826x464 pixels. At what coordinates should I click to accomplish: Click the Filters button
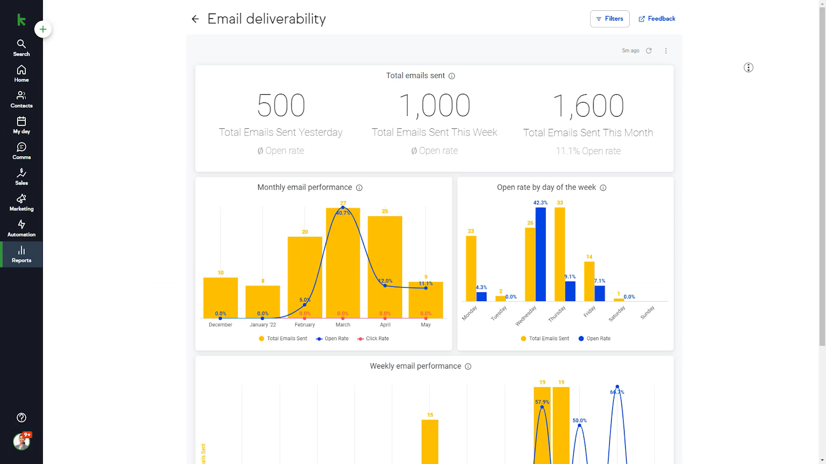610,19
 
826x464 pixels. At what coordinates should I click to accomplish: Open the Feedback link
657,19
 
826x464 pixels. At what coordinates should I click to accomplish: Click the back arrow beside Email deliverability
195,19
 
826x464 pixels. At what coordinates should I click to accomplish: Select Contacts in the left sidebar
21,100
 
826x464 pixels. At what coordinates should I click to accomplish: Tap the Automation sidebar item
21,228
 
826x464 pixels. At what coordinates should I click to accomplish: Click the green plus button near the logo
43,29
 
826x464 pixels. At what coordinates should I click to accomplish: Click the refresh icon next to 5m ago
649,51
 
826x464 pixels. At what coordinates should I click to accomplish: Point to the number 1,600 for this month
588,106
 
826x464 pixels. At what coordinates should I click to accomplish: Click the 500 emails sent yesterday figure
281,106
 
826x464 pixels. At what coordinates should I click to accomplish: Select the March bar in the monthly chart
343,263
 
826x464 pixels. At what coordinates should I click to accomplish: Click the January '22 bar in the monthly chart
263,302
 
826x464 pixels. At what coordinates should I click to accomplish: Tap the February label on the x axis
305,325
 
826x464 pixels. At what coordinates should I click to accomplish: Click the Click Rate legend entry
377,339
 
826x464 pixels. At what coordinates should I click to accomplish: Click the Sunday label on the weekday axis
647,312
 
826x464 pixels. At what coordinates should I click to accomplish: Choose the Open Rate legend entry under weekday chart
598,339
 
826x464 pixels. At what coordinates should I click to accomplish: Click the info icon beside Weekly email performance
468,367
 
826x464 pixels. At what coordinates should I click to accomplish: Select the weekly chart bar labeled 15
430,441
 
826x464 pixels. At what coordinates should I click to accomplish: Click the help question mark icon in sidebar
21,418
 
